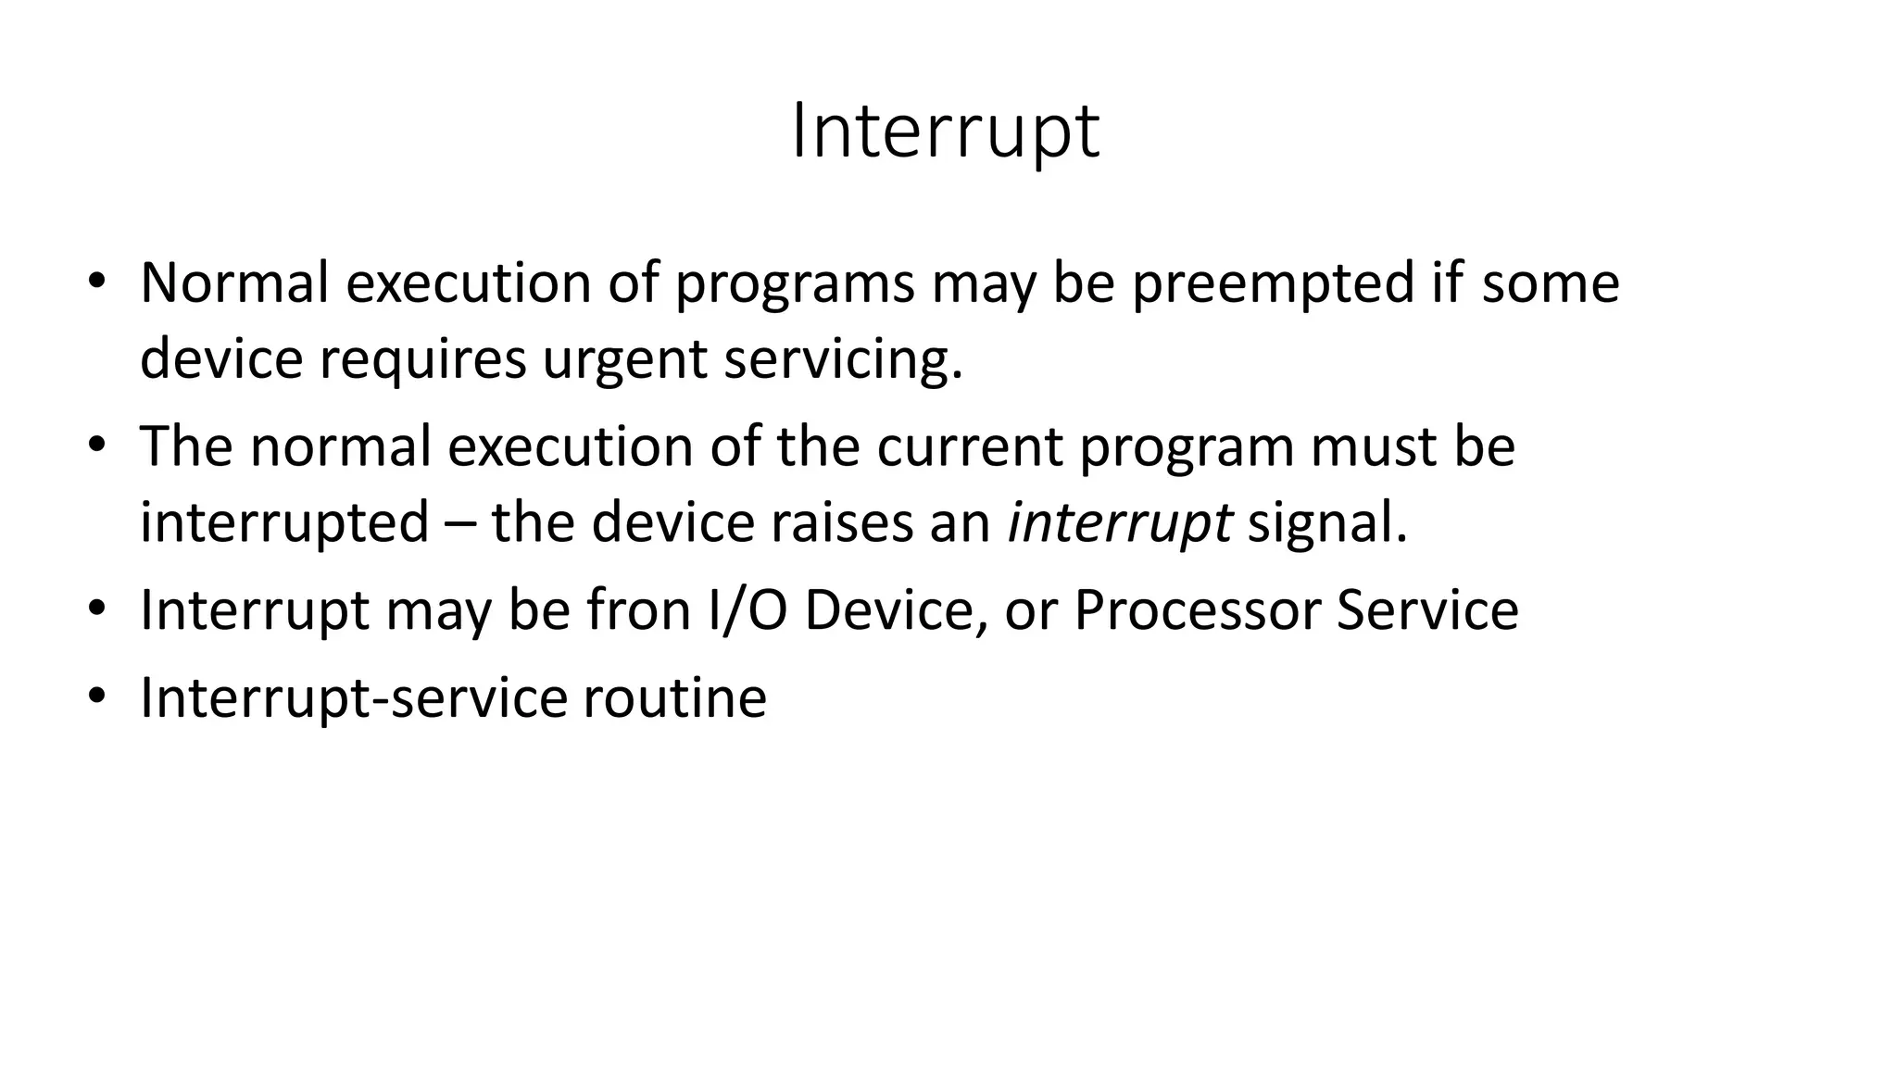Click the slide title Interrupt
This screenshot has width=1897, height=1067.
[946, 132]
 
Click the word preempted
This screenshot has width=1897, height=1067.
[1273, 283]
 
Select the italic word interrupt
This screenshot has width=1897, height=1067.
[1119, 523]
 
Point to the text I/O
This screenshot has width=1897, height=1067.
[747, 610]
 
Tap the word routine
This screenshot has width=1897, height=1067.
[674, 697]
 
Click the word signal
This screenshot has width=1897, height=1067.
[1326, 523]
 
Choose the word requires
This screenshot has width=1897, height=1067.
[423, 359]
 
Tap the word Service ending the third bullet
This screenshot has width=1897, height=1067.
[1426, 610]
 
